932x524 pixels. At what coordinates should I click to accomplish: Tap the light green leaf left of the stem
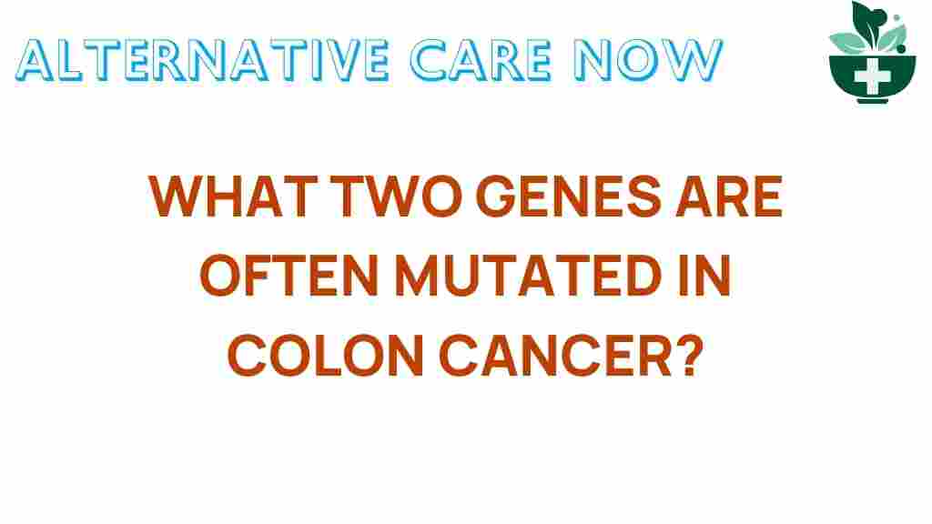pos(846,39)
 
